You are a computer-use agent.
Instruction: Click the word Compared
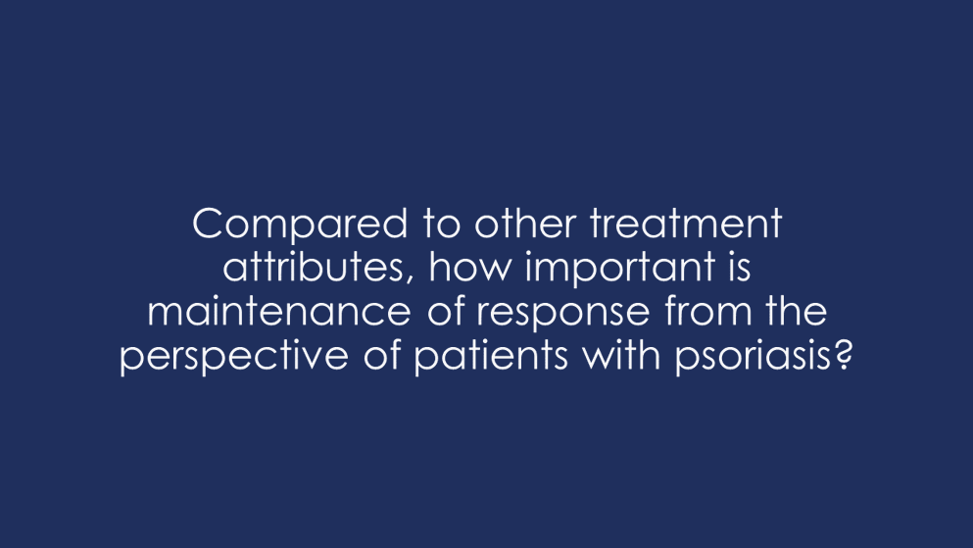301,224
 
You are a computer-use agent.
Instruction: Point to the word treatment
686,224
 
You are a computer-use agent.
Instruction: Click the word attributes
314,268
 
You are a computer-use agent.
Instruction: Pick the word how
471,268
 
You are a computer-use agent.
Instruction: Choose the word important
620,269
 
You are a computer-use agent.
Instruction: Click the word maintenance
279,311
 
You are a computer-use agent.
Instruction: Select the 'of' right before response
444,311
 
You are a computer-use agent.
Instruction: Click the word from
707,311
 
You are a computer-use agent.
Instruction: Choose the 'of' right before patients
381,355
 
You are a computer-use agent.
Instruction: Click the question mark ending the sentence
844,355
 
